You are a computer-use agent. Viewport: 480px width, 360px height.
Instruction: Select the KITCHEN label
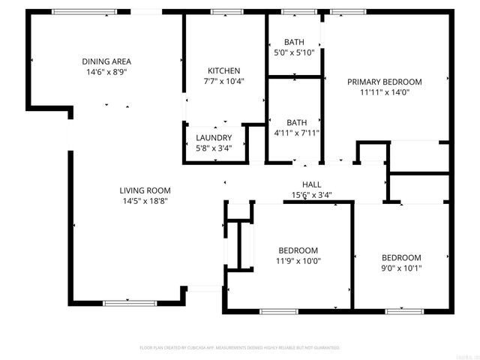[223, 69]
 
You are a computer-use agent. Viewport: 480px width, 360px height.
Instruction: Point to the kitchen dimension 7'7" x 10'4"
[223, 81]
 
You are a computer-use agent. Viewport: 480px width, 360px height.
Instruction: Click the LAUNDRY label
[214, 138]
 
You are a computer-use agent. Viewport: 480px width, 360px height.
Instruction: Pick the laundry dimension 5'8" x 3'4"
[214, 148]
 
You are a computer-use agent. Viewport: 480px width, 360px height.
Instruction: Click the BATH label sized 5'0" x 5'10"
[293, 41]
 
